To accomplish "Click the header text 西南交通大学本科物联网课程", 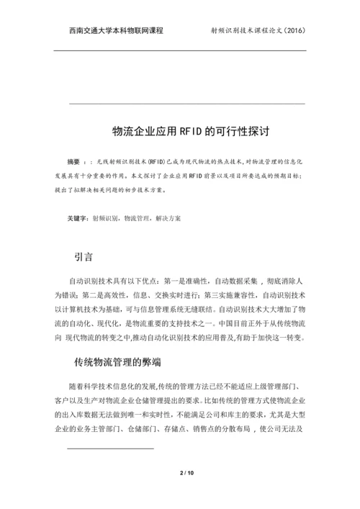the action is (116, 31).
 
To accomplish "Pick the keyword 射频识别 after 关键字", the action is (105, 217).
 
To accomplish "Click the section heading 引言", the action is (84, 256).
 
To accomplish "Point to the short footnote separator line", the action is (110, 448).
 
